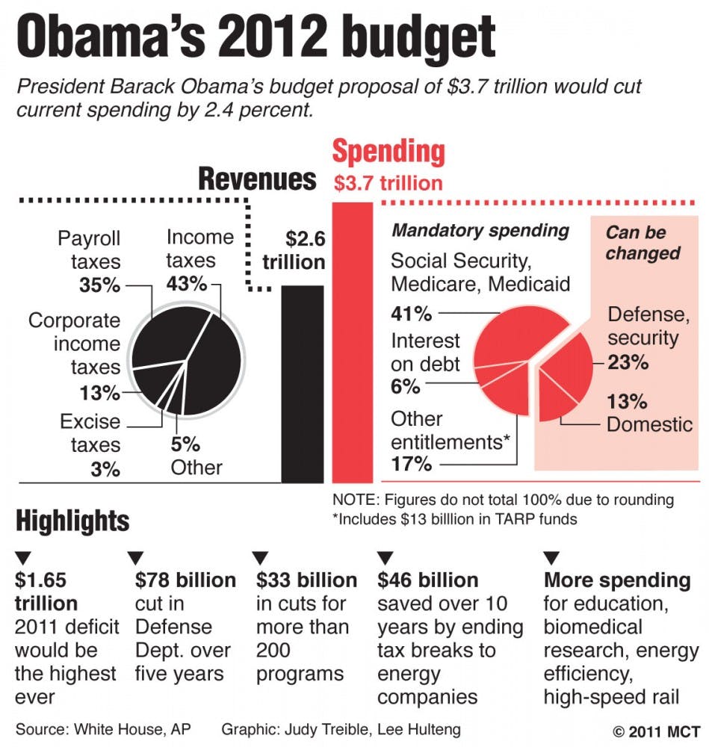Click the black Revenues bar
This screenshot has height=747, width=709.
click(303, 385)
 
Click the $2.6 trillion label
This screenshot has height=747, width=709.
click(294, 250)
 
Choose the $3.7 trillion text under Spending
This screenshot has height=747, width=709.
click(388, 182)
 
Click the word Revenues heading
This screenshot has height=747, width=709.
click(257, 179)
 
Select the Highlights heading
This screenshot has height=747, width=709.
click(72, 521)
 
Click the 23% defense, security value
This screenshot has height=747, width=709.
click(628, 363)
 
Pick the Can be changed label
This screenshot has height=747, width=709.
click(642, 243)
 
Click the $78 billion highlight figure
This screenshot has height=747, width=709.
click(185, 580)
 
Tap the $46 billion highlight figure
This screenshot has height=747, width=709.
click(427, 580)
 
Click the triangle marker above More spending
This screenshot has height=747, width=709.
click(551, 557)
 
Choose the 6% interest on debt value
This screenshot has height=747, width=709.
click(405, 387)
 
